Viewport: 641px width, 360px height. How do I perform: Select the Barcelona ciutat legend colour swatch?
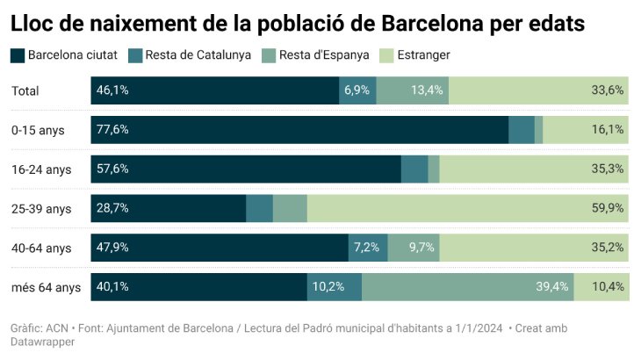17,55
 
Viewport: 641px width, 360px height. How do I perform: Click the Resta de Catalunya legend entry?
192,55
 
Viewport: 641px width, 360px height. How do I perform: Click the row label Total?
25,90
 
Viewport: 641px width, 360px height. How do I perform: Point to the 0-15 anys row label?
38,130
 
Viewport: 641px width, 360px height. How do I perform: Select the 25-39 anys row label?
41,209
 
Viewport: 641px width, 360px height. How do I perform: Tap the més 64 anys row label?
46,287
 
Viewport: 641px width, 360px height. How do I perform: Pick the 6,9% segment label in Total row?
357,90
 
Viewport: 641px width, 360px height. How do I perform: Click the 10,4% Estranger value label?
607,287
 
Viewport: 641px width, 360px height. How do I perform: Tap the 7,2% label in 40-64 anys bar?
367,248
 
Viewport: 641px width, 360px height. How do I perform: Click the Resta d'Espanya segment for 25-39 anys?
290,209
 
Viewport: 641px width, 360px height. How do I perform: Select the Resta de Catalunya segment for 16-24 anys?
414,169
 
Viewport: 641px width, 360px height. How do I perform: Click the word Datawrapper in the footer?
43,342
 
